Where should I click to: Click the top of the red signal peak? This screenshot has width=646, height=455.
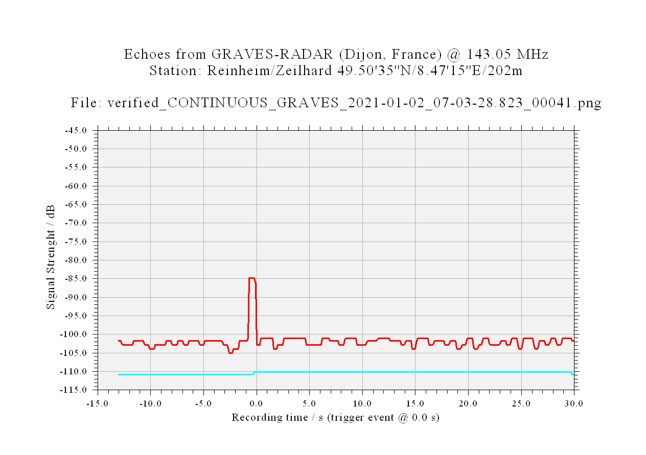(251, 278)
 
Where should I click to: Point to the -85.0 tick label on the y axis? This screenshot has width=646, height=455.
(76, 279)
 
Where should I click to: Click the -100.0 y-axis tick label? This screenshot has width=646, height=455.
(73, 334)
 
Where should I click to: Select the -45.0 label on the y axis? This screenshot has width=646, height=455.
(76, 131)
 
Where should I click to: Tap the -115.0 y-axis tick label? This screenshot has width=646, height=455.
(73, 390)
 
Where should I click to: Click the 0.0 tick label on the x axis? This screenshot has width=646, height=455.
(256, 403)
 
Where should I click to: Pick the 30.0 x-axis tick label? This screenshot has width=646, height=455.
(573, 403)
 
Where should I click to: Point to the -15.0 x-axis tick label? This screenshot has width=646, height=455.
(97, 403)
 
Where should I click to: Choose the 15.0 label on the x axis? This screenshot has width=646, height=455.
(415, 403)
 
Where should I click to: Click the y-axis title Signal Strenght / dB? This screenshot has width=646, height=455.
(51, 257)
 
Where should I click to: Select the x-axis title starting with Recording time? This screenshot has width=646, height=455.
(335, 417)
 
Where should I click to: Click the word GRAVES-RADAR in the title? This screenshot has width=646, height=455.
(272, 54)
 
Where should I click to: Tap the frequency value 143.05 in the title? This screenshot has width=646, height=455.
(489, 54)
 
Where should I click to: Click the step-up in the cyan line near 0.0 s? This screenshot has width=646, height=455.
(254, 373)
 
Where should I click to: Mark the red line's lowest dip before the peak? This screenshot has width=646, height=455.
(230, 353)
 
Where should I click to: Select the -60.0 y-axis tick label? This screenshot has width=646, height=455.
(76, 186)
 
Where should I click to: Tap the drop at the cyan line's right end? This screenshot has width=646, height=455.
(572, 373)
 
